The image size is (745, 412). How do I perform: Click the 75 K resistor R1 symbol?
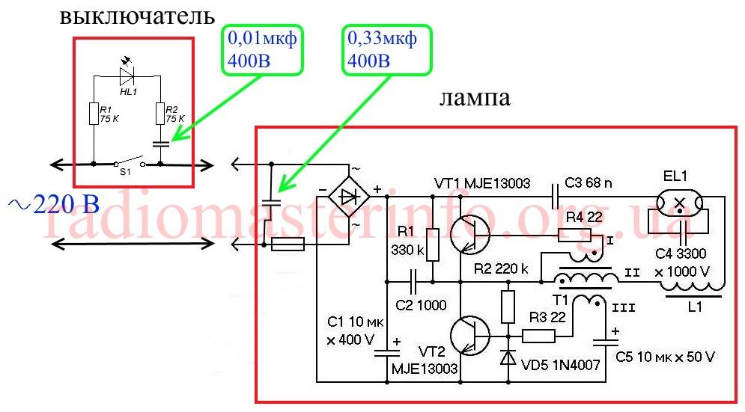[94, 114]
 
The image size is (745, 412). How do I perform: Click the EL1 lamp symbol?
[680, 202]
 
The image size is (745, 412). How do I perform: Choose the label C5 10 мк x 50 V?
[666, 357]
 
